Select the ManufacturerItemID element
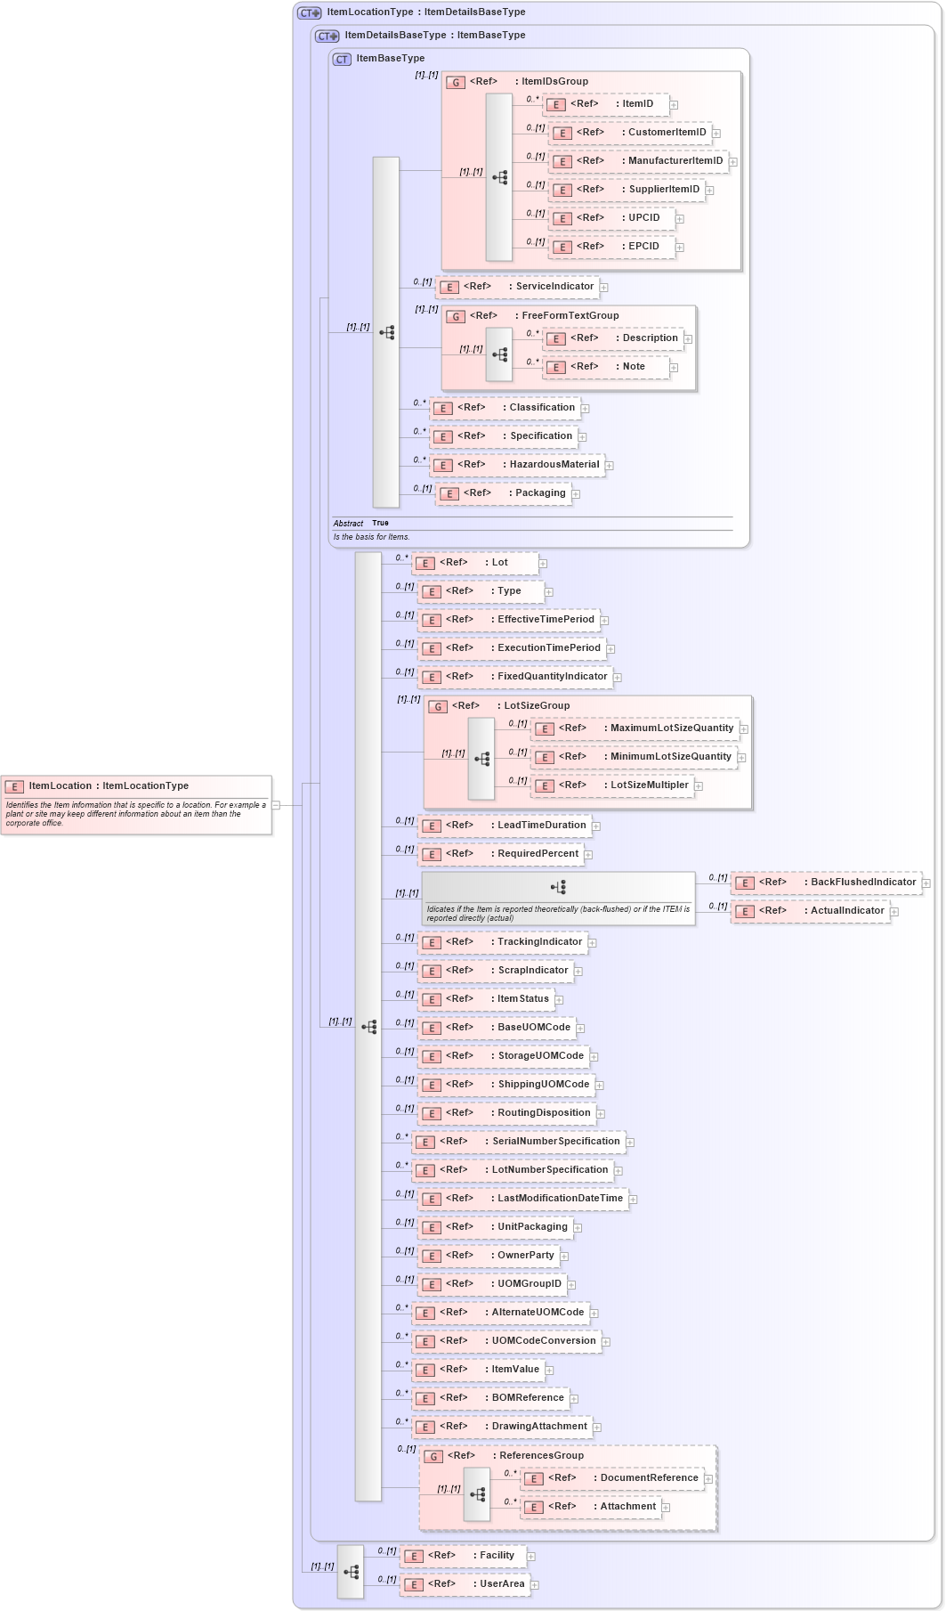coord(638,161)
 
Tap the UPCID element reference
coord(611,218)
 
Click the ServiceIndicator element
coord(518,287)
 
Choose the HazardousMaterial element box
coord(517,465)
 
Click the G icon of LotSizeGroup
coord(437,706)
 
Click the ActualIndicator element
coord(810,911)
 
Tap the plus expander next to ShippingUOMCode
coord(600,1086)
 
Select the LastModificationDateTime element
coord(522,1199)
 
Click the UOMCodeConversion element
coord(505,1341)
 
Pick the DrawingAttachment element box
coord(501,1427)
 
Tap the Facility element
coord(463,1556)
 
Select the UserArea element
coord(465,1584)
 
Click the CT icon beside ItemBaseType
coord(342,59)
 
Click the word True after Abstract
coord(380,524)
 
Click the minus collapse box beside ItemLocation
coord(276,805)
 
